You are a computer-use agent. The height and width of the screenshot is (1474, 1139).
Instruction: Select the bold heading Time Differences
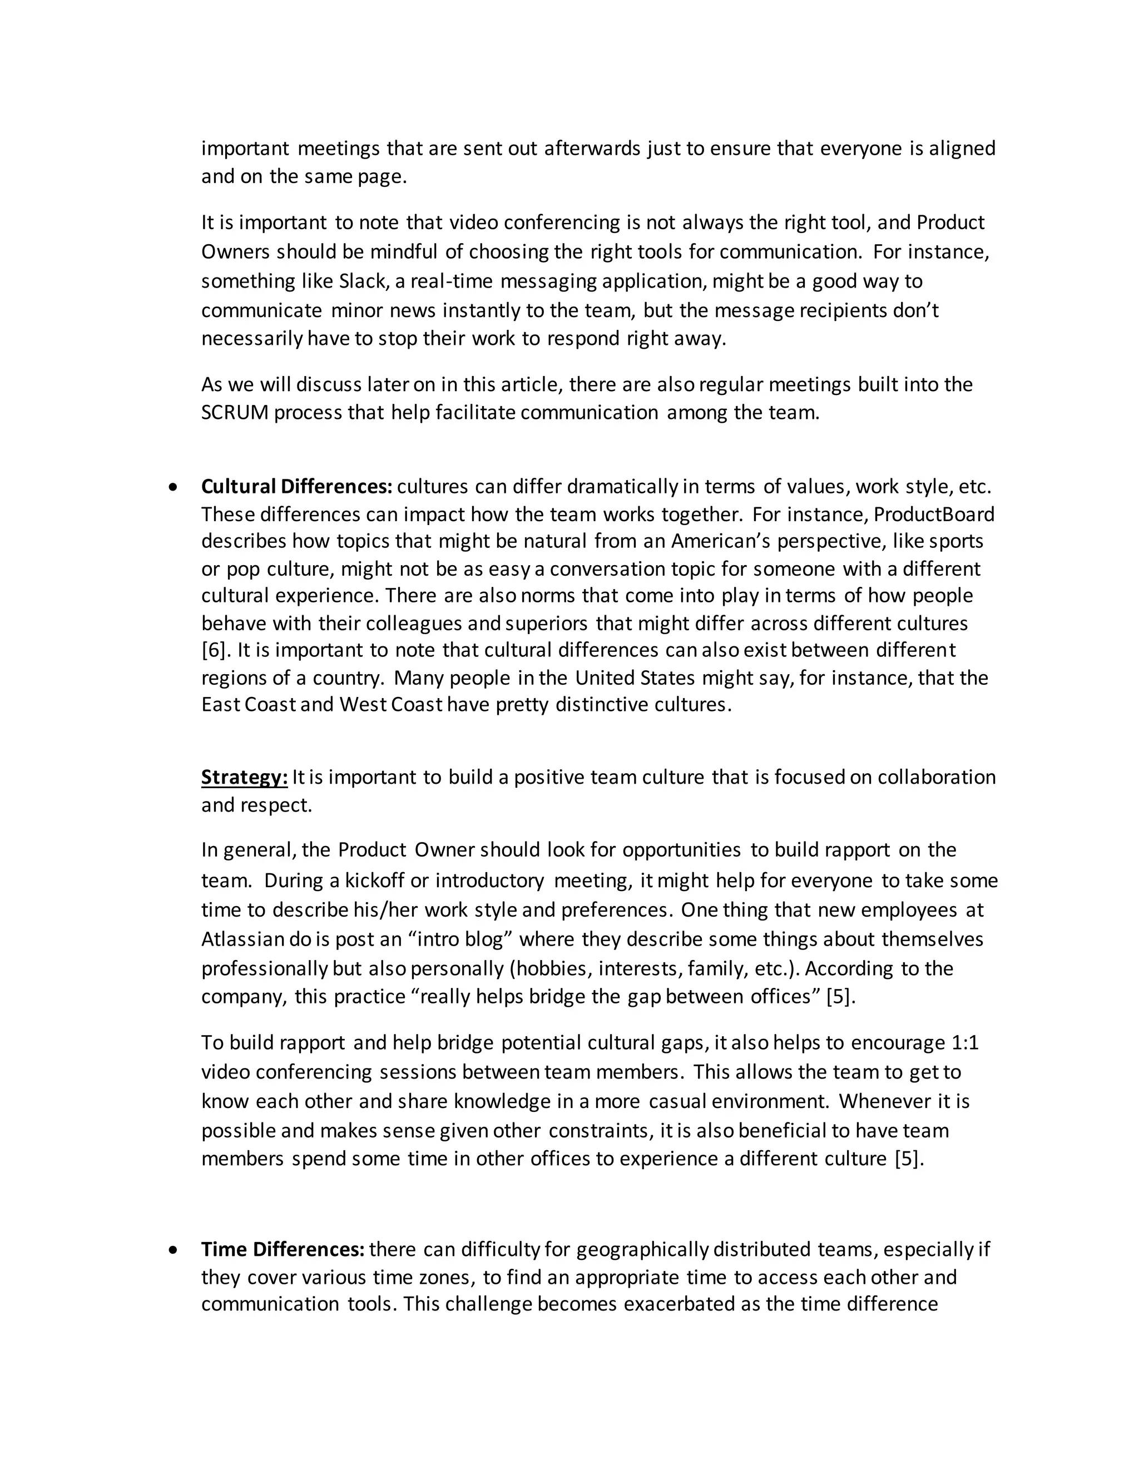click(283, 1249)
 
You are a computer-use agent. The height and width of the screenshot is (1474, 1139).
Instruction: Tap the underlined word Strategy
click(244, 778)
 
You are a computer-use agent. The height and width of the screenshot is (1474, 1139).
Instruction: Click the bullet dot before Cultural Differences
click(174, 487)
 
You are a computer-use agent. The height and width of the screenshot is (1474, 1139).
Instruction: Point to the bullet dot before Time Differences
click(174, 1249)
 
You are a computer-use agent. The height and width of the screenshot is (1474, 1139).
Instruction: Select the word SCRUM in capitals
click(235, 412)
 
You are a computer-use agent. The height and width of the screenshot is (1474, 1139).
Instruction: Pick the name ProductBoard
click(934, 515)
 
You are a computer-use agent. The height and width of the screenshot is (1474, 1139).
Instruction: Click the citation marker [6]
click(215, 650)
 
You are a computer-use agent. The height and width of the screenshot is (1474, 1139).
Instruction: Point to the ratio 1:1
click(965, 1043)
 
